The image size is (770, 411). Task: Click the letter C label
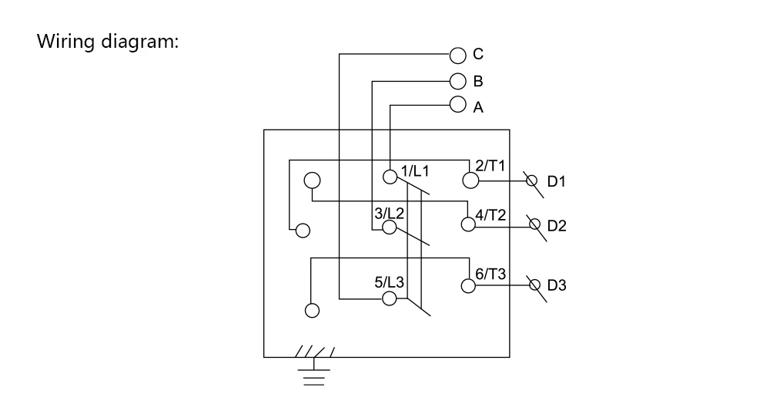(478, 53)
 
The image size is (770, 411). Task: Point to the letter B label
(478, 81)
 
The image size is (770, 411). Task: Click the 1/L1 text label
(415, 171)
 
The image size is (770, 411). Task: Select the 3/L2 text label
(389, 214)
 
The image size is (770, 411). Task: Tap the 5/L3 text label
(389, 282)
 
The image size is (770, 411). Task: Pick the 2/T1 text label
(490, 166)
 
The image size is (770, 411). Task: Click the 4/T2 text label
(490, 215)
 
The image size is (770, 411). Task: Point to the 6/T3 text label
(490, 274)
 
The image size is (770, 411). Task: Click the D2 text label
(557, 226)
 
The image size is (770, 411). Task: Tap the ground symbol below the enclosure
(314, 367)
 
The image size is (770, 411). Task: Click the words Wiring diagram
(108, 42)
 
